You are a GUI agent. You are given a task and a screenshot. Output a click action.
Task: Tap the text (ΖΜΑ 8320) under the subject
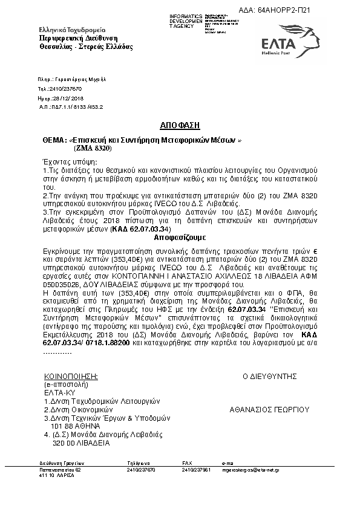pos(93,148)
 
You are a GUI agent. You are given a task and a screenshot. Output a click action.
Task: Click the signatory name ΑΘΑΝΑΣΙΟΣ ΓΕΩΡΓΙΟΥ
pos(269,409)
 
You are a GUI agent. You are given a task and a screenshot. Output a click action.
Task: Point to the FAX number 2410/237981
pos(196,469)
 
